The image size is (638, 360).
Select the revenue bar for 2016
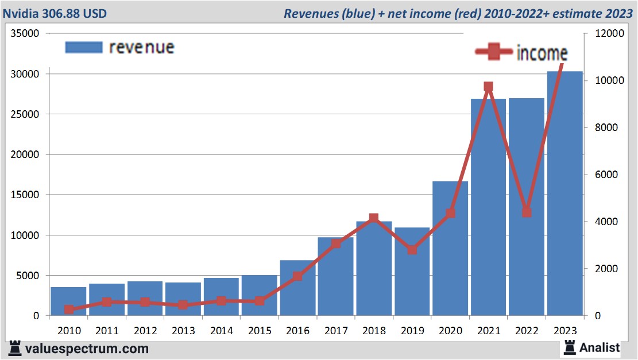(297, 288)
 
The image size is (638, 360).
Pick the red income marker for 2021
(488, 87)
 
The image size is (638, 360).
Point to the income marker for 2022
(527, 212)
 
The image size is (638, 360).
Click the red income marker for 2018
(374, 218)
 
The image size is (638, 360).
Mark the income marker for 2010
(69, 309)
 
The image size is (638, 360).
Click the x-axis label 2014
(222, 331)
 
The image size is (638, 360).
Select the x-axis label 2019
(412, 331)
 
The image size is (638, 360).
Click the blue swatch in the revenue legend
(84, 47)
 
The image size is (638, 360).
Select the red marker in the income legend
(493, 52)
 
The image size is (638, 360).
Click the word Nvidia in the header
(21, 13)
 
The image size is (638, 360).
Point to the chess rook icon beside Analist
(570, 347)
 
